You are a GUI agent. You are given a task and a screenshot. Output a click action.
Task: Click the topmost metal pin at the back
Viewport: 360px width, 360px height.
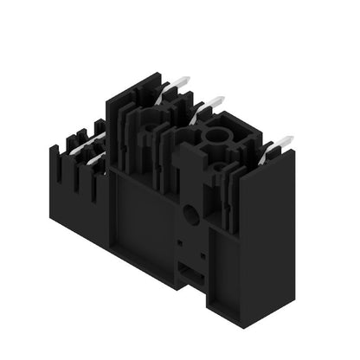177,84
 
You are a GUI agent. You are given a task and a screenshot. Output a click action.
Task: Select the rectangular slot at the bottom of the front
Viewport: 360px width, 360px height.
192,275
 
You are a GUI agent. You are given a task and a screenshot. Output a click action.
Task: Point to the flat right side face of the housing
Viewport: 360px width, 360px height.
268,242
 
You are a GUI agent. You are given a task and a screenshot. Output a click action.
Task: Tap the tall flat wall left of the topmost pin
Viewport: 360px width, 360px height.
121,121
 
